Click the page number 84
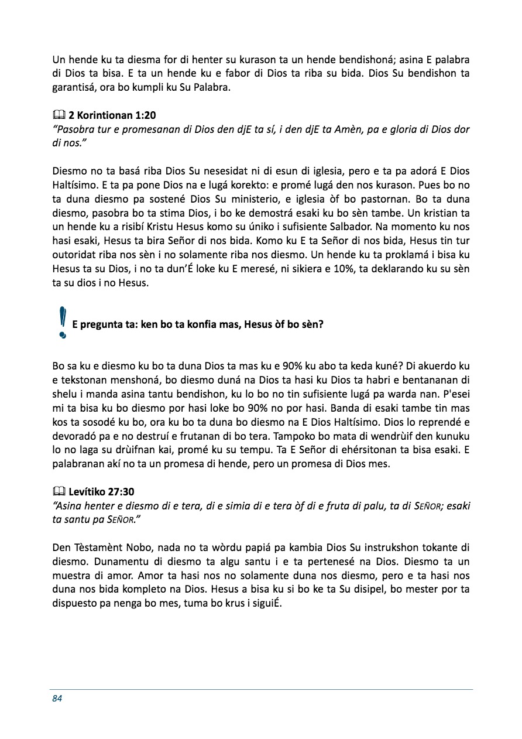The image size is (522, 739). click(57, 698)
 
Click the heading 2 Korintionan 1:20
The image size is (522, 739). click(112, 116)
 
